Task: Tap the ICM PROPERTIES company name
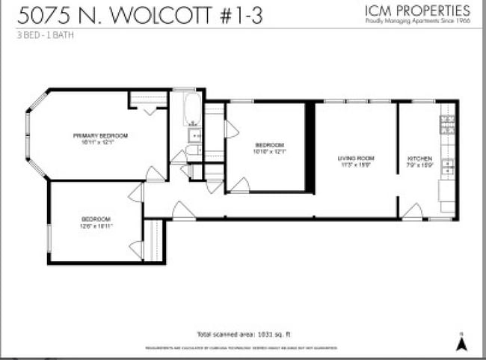418,10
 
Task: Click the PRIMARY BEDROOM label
100,135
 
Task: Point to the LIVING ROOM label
355,159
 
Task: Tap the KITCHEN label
419,159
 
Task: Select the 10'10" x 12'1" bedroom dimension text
270,151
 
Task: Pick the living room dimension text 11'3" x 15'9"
355,165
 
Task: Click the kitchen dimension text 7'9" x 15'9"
419,165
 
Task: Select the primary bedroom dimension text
100,142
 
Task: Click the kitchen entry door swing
411,211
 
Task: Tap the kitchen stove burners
449,124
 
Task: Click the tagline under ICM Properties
418,22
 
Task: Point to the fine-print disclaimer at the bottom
241,348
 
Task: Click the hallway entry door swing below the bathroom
182,210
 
